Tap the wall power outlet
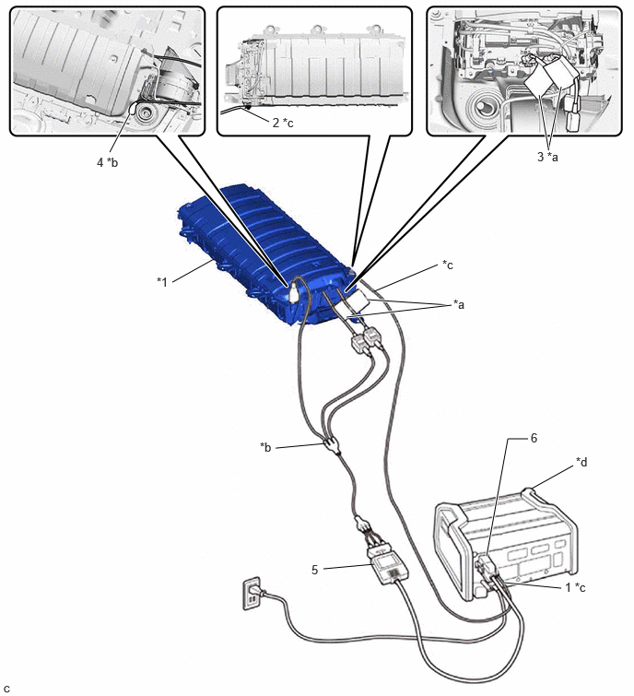click(252, 593)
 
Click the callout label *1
click(162, 281)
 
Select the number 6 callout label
click(534, 438)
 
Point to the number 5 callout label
click(314, 570)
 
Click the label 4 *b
click(108, 162)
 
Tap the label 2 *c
click(283, 123)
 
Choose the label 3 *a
click(547, 156)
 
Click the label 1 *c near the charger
click(575, 587)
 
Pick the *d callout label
click(581, 462)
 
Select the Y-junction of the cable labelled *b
click(332, 444)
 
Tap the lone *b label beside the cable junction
click(265, 446)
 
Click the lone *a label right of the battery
click(459, 304)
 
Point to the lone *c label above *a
click(448, 265)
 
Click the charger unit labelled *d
click(506, 545)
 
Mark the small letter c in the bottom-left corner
click(6, 689)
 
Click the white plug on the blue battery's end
click(294, 294)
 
